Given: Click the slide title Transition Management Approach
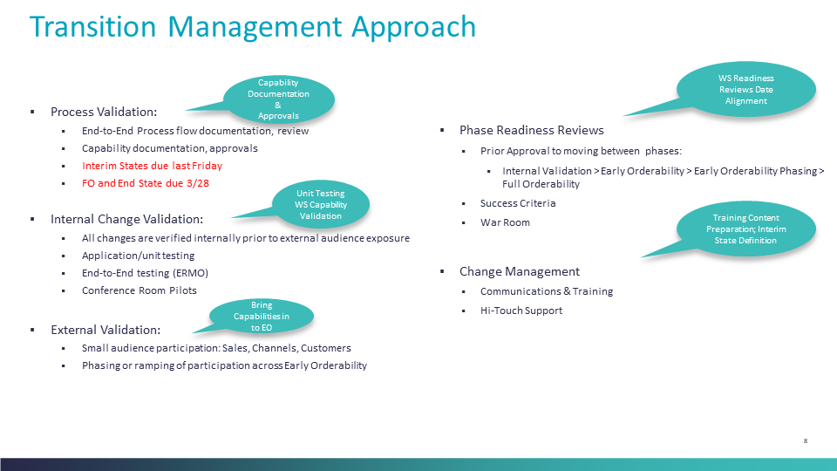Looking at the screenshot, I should (x=252, y=26).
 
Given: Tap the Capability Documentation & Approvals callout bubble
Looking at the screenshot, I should (x=279, y=99).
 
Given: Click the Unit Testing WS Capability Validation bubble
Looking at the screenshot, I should (x=321, y=204).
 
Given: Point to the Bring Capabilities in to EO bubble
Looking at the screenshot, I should (x=262, y=316).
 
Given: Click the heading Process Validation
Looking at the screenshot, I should (x=104, y=112).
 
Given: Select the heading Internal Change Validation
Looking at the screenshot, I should (x=126, y=219).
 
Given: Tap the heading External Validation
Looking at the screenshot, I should (x=105, y=330).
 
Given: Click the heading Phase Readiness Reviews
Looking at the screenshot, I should (x=531, y=130).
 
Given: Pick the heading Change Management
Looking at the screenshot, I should (x=519, y=271).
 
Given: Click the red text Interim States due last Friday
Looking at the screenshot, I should (x=152, y=166).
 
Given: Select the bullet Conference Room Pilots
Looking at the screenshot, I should (x=139, y=290).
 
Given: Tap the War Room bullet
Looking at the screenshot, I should (x=505, y=222).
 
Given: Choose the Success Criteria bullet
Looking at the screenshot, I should (x=518, y=203).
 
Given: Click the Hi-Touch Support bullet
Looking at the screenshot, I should (x=521, y=311).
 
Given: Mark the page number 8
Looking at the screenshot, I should (x=806, y=441).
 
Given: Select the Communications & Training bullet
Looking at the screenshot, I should (x=546, y=291).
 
